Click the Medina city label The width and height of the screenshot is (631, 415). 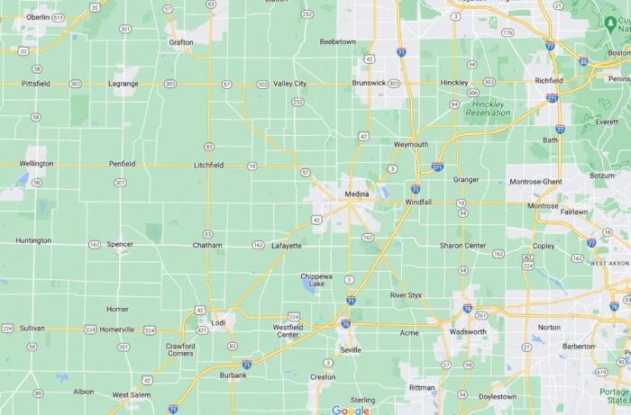point(357,194)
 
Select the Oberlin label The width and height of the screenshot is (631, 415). point(38,17)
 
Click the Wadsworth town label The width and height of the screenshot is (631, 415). point(468,331)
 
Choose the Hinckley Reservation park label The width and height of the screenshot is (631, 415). point(489,109)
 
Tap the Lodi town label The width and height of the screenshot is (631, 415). point(218,322)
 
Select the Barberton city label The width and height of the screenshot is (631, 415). point(579,346)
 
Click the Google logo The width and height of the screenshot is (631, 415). point(350,410)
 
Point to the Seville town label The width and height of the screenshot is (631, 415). point(351,349)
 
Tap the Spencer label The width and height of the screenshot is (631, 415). point(120,244)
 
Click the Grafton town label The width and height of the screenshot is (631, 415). point(181,41)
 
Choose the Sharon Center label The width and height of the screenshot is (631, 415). point(462,245)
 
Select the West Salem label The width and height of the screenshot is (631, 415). point(133,395)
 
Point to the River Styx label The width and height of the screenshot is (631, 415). point(406,295)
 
